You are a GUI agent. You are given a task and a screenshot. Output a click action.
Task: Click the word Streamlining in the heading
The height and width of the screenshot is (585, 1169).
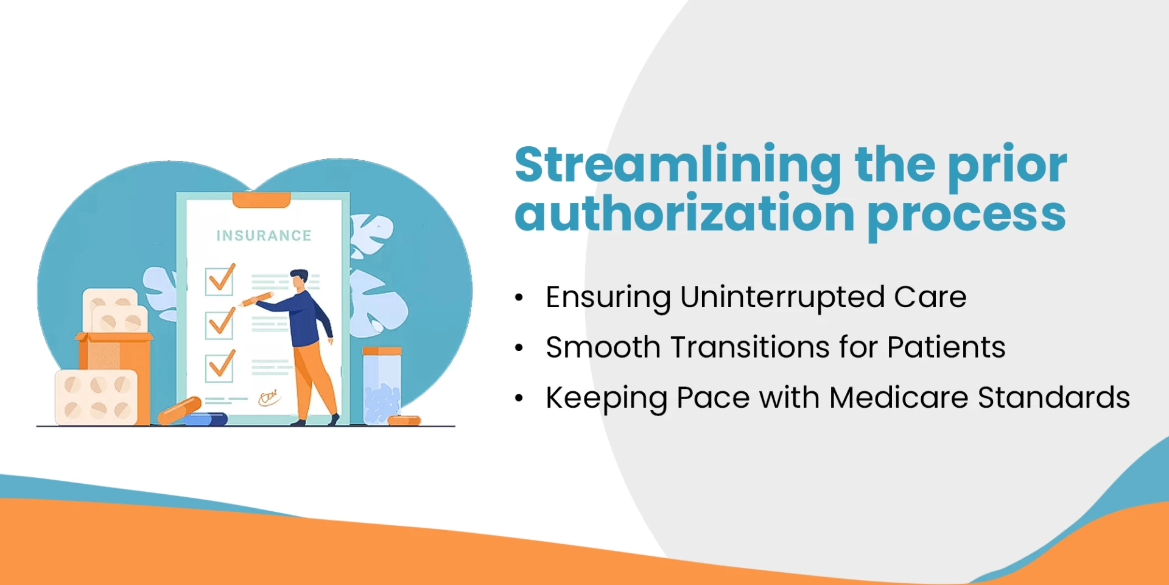[678, 165]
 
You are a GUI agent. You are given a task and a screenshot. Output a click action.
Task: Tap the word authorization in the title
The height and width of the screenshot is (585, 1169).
[684, 214]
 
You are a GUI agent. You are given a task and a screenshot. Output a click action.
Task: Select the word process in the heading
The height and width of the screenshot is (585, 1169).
[966, 215]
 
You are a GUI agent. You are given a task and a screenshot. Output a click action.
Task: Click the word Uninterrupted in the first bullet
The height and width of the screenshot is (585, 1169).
[782, 297]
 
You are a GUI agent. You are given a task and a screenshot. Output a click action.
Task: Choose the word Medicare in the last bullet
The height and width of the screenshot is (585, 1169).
[898, 398]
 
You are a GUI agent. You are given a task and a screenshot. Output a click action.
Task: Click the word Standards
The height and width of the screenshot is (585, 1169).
[1053, 398]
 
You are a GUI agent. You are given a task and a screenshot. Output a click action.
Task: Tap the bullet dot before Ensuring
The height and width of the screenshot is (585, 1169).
[519, 298]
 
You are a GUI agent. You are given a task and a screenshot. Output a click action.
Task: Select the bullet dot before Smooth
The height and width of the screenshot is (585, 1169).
[519, 348]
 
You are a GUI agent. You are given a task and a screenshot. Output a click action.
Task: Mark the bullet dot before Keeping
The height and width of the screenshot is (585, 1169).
[519, 399]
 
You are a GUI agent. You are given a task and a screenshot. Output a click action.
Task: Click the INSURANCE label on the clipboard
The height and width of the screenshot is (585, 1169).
[264, 236]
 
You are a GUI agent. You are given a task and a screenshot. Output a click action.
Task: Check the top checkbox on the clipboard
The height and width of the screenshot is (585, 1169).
[219, 281]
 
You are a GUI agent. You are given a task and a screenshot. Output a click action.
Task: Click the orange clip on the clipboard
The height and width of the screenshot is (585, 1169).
[261, 199]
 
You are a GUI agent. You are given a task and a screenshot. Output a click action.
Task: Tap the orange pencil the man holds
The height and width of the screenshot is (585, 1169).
[256, 299]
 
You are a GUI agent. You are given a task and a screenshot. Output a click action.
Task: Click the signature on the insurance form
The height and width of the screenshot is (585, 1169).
[269, 398]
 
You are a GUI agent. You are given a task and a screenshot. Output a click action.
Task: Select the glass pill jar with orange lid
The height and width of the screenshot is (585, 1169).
[382, 386]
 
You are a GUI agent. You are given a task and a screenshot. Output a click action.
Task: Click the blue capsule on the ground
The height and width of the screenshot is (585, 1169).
[206, 419]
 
